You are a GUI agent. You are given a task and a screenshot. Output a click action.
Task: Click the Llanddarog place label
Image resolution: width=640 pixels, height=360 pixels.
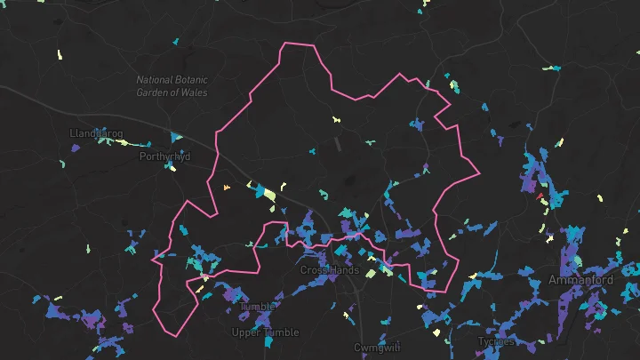96,133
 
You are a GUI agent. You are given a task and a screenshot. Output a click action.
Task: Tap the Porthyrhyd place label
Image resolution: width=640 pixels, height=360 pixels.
164,156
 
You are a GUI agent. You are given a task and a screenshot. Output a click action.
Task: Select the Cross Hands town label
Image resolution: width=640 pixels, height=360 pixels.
329,270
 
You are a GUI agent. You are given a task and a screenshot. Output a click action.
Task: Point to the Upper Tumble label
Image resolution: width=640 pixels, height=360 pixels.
265,332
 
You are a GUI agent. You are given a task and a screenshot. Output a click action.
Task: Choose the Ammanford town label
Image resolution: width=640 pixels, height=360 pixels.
580,280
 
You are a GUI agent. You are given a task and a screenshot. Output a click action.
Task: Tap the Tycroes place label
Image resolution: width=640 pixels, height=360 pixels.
496,341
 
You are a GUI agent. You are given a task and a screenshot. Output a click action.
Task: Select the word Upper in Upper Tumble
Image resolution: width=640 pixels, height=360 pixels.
247,332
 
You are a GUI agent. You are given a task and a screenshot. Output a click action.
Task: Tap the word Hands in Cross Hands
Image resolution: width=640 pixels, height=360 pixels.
344,270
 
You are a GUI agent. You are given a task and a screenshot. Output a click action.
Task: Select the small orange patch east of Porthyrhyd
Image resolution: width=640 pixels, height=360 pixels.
227,187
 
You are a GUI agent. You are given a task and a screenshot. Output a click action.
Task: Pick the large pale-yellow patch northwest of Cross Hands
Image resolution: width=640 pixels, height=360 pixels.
268,194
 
